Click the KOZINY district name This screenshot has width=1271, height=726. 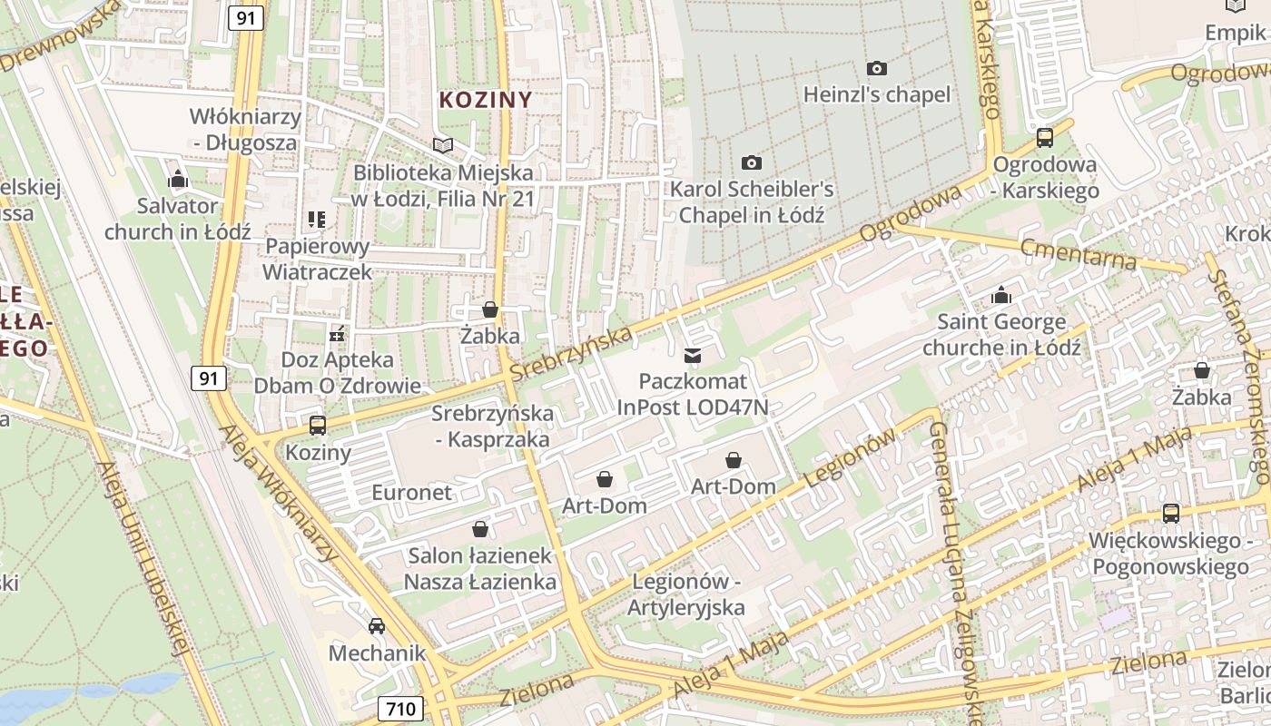click(x=486, y=100)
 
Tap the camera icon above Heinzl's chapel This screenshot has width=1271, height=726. click(x=877, y=68)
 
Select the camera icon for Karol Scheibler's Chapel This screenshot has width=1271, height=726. click(x=752, y=162)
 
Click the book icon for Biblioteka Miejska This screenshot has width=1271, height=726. click(x=443, y=145)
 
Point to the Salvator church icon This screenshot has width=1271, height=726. click(x=178, y=179)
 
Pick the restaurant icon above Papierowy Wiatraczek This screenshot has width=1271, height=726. click(x=317, y=219)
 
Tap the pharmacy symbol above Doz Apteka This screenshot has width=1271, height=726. click(x=337, y=334)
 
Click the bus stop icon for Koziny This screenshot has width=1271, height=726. click(x=318, y=425)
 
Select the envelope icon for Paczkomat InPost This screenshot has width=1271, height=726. click(x=693, y=355)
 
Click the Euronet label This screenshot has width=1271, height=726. click(x=411, y=493)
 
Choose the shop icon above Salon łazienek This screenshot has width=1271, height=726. click(x=480, y=528)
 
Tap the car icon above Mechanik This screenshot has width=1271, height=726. click(x=377, y=625)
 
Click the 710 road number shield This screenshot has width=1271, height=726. click(x=400, y=708)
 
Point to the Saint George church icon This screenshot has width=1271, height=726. click(x=1001, y=295)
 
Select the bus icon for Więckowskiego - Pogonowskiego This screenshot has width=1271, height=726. click(x=1171, y=514)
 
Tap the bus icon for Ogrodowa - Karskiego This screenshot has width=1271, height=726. click(x=1045, y=138)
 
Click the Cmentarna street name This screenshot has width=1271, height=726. click(x=1078, y=254)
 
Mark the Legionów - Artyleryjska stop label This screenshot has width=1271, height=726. click(x=686, y=594)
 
